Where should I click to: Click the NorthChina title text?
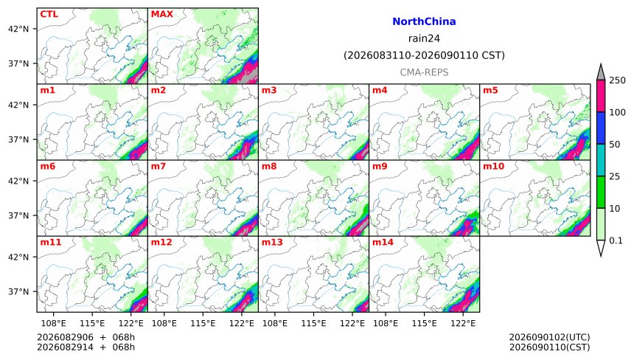[x=424, y=21]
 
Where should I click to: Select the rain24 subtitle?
[x=424, y=38]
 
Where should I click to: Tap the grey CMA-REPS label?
[x=424, y=72]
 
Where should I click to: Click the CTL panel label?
[x=49, y=14]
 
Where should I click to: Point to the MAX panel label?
[x=161, y=14]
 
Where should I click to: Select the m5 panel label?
[x=490, y=90]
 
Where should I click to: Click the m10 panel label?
[x=493, y=166]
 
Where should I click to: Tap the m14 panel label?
[x=383, y=242]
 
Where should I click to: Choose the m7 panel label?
[x=158, y=166]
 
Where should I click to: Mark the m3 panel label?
[x=269, y=90]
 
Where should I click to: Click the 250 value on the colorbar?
[x=618, y=80]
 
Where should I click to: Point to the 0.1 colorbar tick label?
[x=616, y=240]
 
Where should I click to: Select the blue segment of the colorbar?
[x=601, y=128]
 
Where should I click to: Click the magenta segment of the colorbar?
[x=601, y=96]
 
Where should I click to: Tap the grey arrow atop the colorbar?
[x=601, y=72]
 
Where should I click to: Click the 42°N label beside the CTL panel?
[x=18, y=29]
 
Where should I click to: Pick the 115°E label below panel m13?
[x=313, y=323]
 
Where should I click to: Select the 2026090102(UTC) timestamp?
[x=549, y=337]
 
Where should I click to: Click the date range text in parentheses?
[x=424, y=55]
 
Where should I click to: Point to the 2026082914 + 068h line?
[x=86, y=347]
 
